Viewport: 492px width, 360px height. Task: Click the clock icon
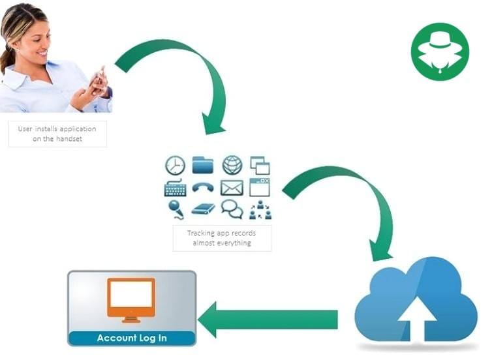(x=175, y=166)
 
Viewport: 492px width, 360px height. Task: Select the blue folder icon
(x=203, y=165)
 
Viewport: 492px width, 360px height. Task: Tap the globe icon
(x=232, y=165)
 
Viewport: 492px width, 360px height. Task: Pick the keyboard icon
(x=175, y=188)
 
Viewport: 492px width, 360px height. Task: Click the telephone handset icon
(x=203, y=188)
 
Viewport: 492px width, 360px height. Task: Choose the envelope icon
(x=232, y=188)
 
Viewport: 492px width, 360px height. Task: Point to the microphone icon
(x=175, y=209)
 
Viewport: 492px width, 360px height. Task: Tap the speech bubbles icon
(x=232, y=209)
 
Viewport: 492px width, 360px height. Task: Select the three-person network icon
(x=260, y=209)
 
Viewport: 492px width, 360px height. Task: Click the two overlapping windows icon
(x=260, y=165)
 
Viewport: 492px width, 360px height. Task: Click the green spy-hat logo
(x=440, y=52)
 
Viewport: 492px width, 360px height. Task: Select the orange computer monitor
(x=131, y=299)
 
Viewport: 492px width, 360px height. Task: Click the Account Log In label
(x=132, y=338)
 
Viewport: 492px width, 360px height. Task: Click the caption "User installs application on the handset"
(x=57, y=134)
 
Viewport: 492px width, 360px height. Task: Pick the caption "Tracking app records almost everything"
(x=222, y=238)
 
